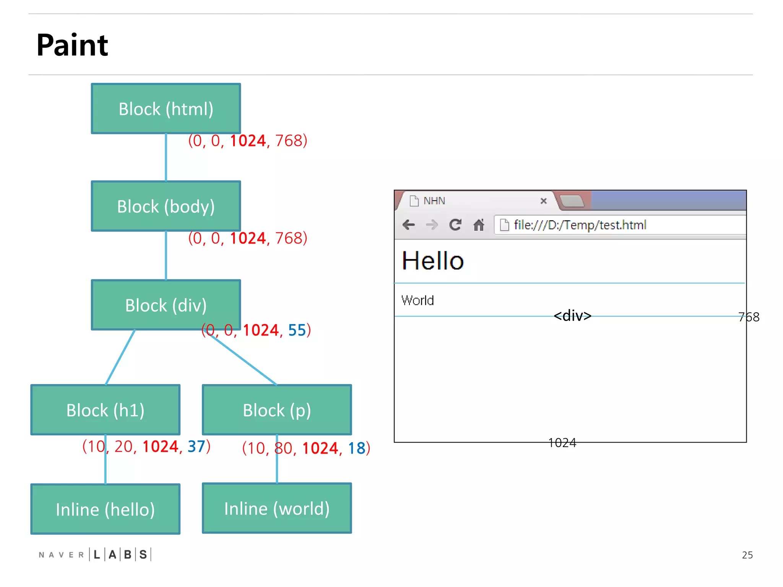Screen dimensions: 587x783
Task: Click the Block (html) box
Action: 166,109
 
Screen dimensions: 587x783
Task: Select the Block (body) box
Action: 166,206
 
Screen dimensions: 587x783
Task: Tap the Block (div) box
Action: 166,305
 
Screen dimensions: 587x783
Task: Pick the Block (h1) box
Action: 105,410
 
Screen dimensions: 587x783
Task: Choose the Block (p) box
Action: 277,410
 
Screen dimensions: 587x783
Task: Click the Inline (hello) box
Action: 105,509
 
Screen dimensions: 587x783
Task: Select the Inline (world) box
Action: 277,508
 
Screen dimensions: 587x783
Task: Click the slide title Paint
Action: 72,45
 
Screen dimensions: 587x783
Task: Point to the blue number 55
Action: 297,330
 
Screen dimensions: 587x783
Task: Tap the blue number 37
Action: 197,446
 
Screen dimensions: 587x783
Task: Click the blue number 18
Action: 356,448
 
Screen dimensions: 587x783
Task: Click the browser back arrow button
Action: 409,225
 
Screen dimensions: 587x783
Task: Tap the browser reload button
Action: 455,225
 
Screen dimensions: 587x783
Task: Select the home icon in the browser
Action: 479,225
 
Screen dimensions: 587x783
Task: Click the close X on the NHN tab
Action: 543,201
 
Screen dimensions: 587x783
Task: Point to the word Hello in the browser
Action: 433,261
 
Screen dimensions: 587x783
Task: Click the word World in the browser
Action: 417,300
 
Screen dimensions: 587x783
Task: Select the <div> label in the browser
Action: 572,316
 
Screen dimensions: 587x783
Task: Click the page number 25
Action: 747,555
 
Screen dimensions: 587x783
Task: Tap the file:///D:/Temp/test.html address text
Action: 580,225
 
